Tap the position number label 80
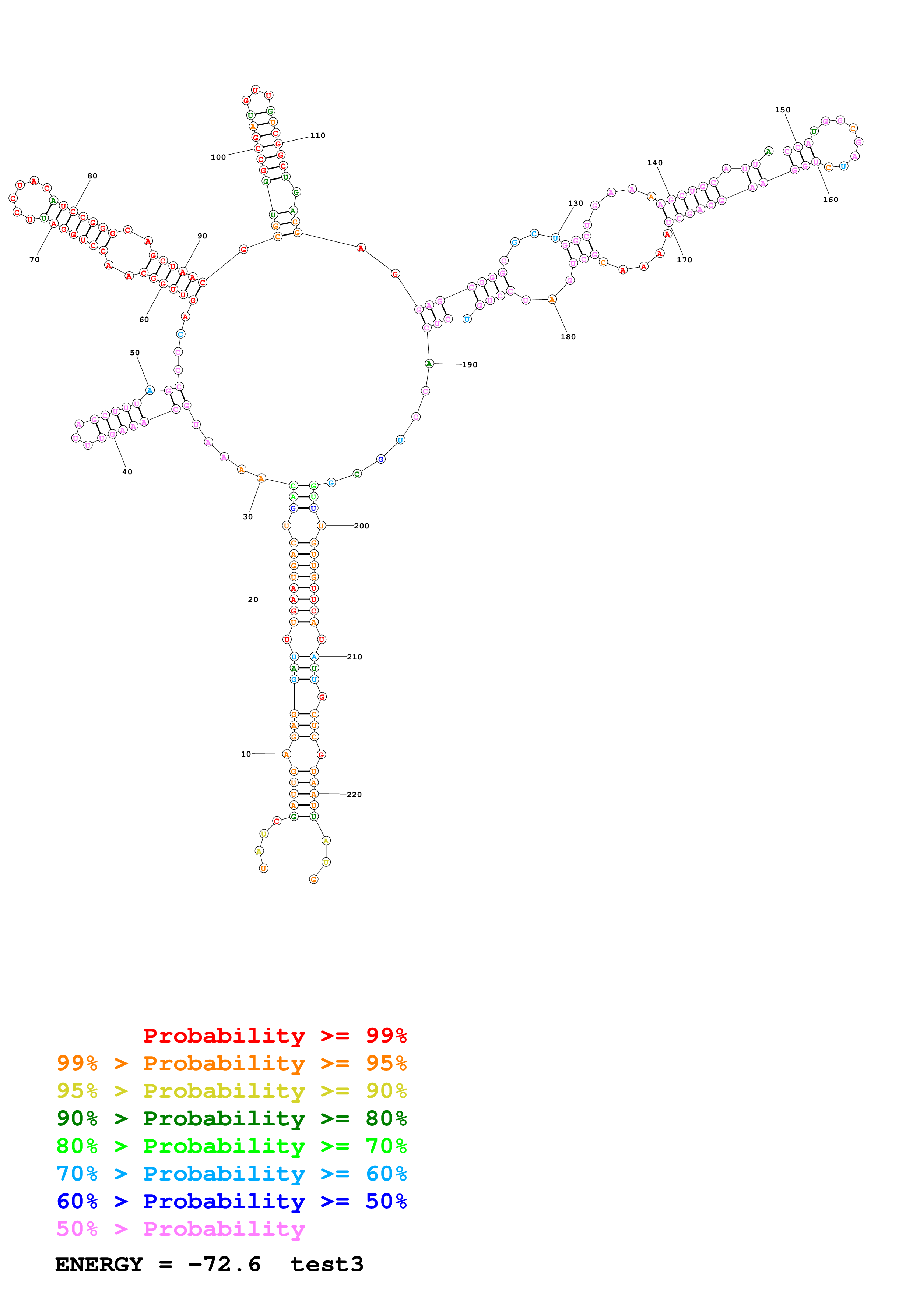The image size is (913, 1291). (x=92, y=176)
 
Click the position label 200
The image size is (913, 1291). (x=361, y=526)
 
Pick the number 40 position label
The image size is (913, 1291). (x=127, y=472)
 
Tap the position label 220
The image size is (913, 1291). (x=354, y=795)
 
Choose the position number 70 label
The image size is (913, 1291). (x=34, y=259)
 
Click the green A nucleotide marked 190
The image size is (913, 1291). (x=429, y=364)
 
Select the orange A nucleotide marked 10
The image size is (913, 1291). (x=286, y=754)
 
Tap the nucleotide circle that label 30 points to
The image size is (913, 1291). (x=261, y=478)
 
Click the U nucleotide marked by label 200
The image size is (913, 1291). (x=321, y=526)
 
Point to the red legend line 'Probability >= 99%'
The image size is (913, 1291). (x=274, y=1035)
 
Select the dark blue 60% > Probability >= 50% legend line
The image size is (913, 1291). (x=231, y=1201)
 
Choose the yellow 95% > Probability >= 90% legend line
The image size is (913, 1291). (x=231, y=1091)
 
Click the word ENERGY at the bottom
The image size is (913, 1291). (x=99, y=1264)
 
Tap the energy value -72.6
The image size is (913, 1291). (x=224, y=1264)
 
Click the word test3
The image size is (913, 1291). (x=327, y=1264)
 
